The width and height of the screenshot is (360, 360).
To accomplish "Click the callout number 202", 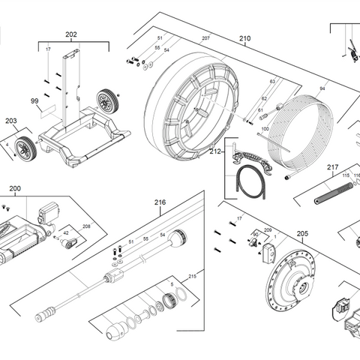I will pyautogui.click(x=71, y=34).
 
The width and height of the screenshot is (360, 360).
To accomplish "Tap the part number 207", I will pyautogui.click(x=205, y=38).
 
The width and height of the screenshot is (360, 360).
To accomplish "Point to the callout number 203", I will pyautogui.click(x=10, y=120).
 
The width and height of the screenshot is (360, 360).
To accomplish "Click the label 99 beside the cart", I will pyautogui.click(x=34, y=100).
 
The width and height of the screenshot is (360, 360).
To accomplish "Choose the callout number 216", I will pyautogui.click(x=160, y=202).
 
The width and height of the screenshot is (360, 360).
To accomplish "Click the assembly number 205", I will pyautogui.click(x=301, y=234).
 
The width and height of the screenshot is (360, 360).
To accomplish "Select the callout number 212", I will pyautogui.click(x=215, y=151).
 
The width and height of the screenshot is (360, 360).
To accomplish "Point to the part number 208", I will pyautogui.click(x=86, y=226).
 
